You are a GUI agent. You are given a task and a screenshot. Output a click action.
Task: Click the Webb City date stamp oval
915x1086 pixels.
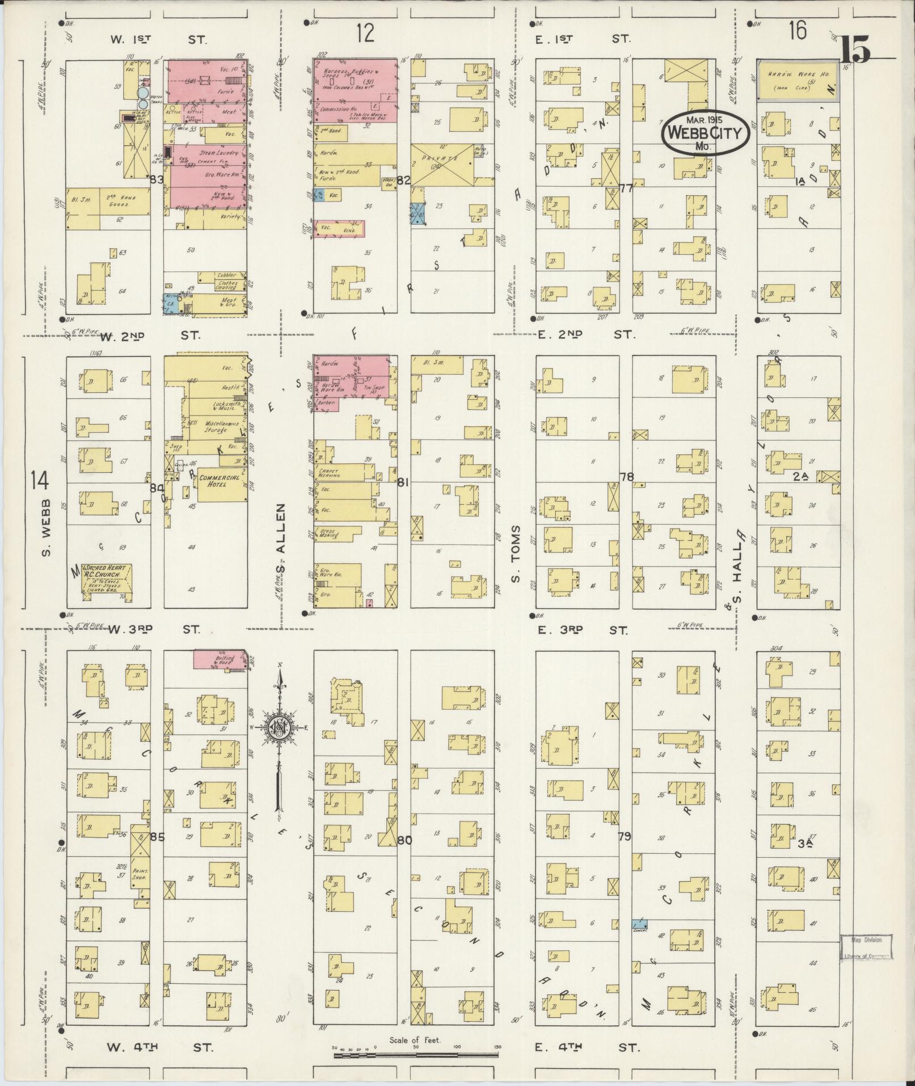click(705, 132)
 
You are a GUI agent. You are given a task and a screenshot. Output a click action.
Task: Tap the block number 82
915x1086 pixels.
click(403, 181)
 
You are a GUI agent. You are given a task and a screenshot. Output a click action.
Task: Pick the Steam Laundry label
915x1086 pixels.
click(214, 153)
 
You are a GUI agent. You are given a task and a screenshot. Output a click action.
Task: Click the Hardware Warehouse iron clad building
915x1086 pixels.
click(797, 80)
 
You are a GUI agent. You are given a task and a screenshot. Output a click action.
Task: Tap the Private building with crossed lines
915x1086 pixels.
click(442, 165)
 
